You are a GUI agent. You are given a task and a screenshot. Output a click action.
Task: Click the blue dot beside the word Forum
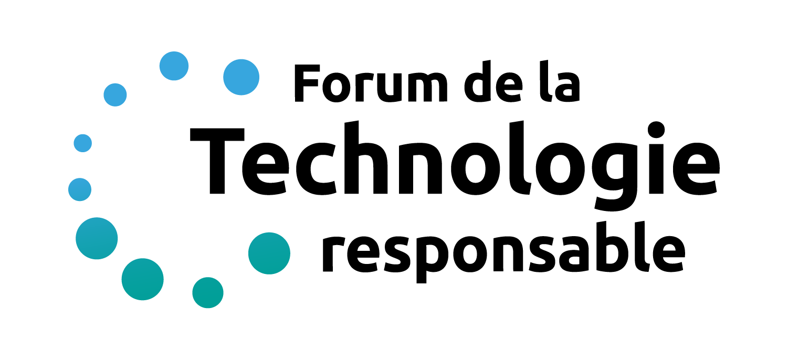pyautogui.click(x=241, y=77)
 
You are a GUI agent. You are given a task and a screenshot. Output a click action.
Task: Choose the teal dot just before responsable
pyautogui.click(x=269, y=253)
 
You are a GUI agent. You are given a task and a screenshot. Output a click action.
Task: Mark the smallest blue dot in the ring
pyautogui.click(x=82, y=143)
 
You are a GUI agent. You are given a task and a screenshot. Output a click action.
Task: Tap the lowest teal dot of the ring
pyautogui.click(x=208, y=292)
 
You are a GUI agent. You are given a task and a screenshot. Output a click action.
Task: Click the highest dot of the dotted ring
pyautogui.click(x=174, y=66)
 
